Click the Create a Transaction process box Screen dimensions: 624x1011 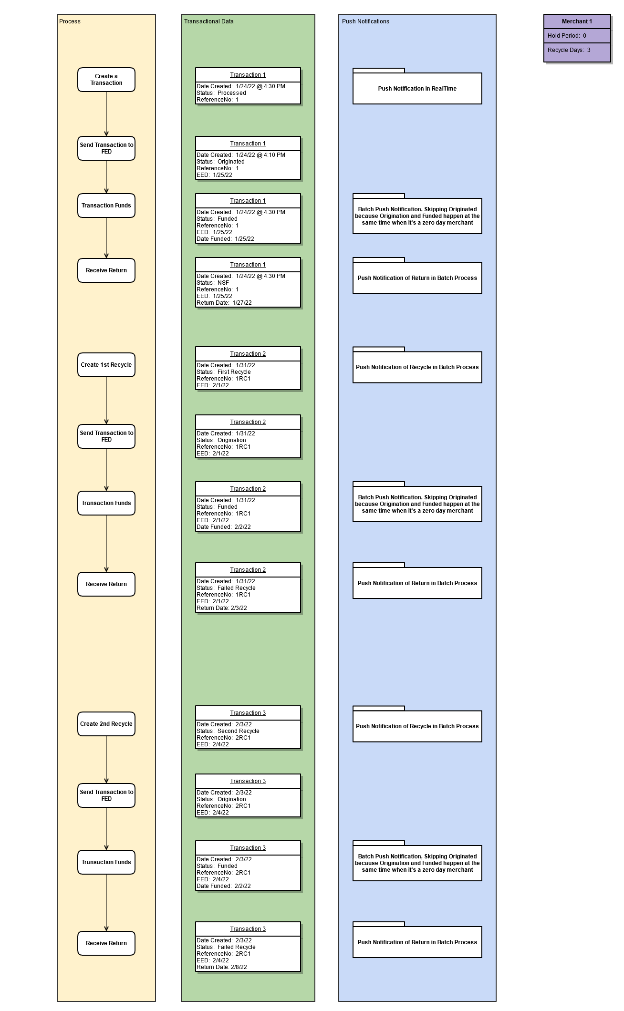(x=106, y=80)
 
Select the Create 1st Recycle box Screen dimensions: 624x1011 (x=106, y=365)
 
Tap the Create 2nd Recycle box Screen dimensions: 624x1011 (x=106, y=724)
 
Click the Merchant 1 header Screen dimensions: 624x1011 (x=577, y=21)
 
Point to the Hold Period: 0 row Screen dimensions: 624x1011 (x=577, y=36)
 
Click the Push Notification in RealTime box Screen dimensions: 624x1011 (x=417, y=88)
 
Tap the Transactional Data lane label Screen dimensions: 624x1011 (x=209, y=21)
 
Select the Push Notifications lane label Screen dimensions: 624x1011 (x=365, y=21)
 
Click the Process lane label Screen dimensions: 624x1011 (x=70, y=21)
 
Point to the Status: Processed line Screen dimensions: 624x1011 (x=221, y=93)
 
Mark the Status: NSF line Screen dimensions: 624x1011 (x=213, y=283)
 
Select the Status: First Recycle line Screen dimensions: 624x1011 (x=224, y=372)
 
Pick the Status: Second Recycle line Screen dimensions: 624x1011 (x=228, y=731)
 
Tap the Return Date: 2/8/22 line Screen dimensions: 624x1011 (x=222, y=967)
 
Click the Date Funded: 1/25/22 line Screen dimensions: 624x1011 (x=225, y=239)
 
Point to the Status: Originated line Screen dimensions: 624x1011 (x=220, y=162)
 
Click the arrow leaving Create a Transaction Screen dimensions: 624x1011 (x=106, y=114)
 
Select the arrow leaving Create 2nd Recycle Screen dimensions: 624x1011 (x=106, y=760)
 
